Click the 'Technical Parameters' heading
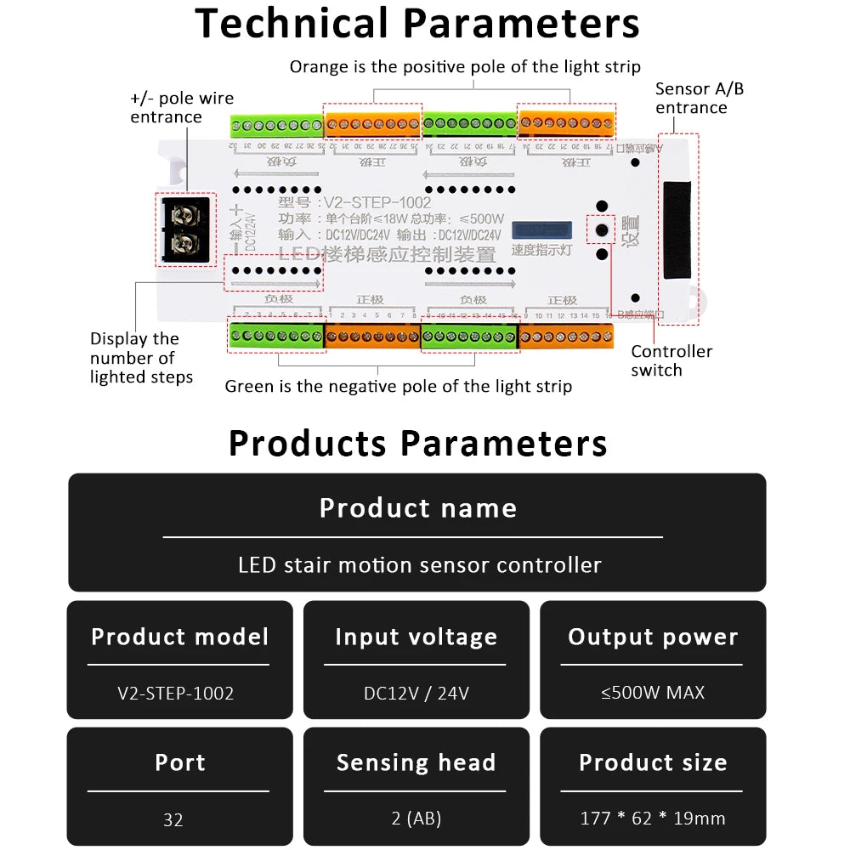(417, 24)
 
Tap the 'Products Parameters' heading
(417, 444)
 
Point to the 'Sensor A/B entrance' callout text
(699, 98)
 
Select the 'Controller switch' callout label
(671, 360)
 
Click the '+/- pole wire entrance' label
(181, 108)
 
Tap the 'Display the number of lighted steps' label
(141, 358)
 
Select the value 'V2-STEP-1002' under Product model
(176, 693)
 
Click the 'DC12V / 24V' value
(416, 693)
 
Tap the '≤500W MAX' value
(653, 693)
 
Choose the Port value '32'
(173, 819)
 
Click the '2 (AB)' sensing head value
(416, 819)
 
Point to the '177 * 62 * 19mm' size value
(653, 819)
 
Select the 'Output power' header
(653, 637)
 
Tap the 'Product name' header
(417, 508)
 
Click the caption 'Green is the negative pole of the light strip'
(398, 387)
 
